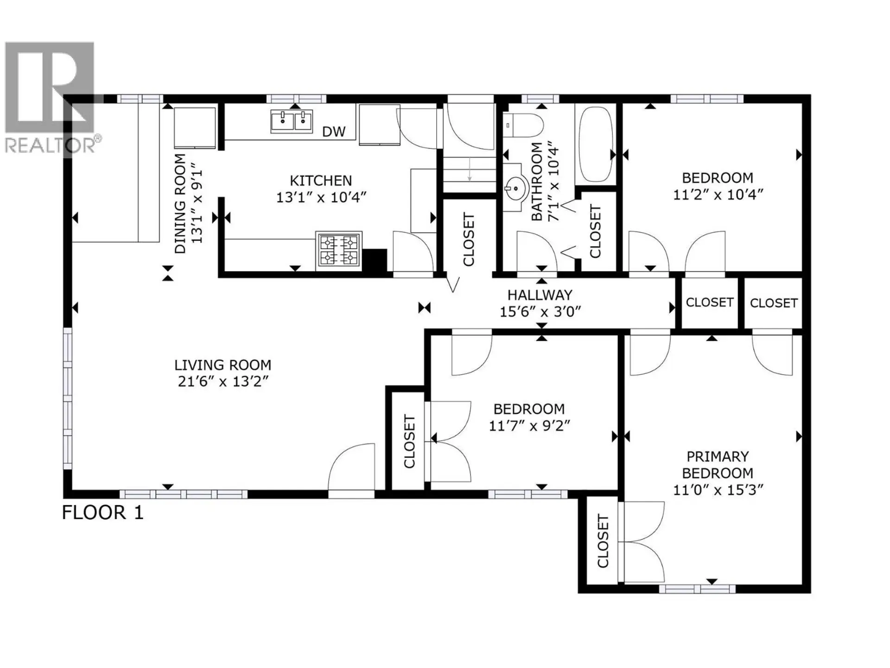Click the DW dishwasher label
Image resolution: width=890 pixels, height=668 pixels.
[x=334, y=132]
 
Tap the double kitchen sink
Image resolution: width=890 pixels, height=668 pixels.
[x=292, y=121]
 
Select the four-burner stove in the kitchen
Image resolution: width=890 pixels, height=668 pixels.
[x=339, y=250]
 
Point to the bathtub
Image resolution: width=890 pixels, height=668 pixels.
[x=595, y=144]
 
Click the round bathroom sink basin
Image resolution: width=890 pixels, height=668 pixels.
[x=516, y=188]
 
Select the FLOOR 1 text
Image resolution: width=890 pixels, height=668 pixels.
[x=103, y=513]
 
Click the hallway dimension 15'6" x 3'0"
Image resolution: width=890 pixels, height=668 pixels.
[x=540, y=312]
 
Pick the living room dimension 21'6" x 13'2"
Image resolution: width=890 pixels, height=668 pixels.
[x=223, y=382]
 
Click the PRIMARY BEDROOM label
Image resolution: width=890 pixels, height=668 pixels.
[x=717, y=465]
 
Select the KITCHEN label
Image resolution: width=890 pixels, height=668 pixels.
[x=321, y=180]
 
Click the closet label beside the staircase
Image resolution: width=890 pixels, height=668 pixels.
[x=469, y=240]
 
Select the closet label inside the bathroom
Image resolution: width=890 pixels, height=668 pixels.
[x=595, y=231]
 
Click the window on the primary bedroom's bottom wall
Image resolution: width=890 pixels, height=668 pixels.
[x=697, y=589]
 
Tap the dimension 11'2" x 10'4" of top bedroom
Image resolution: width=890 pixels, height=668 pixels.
[x=718, y=195]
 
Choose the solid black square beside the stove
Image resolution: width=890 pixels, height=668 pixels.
[x=375, y=261]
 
